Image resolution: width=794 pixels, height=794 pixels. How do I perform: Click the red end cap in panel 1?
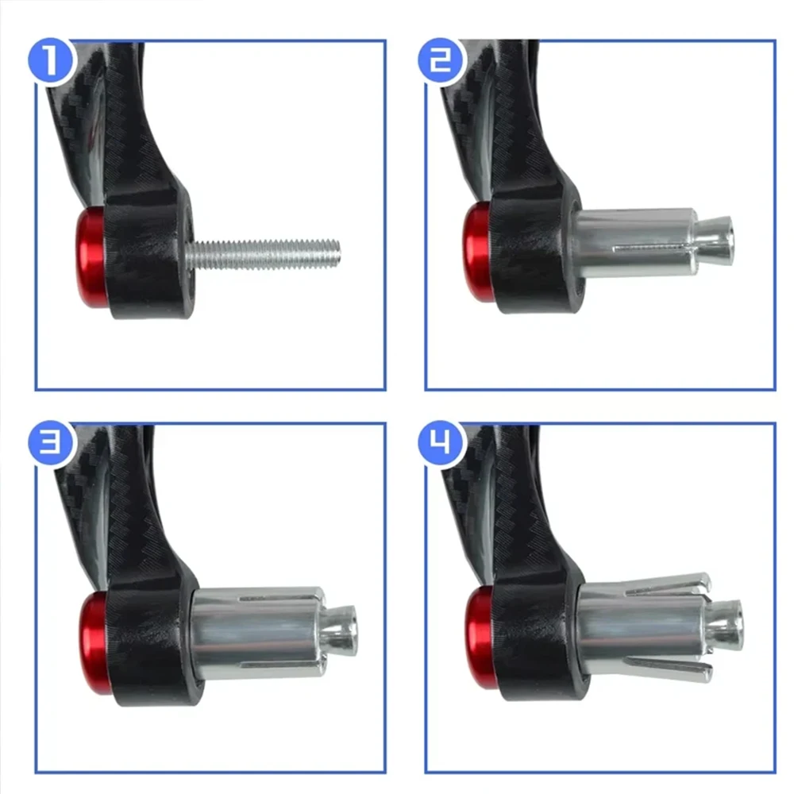point(91,258)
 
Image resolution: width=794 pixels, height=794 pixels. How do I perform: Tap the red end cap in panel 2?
point(477,252)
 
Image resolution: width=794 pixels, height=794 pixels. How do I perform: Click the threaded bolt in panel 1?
point(266,255)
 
